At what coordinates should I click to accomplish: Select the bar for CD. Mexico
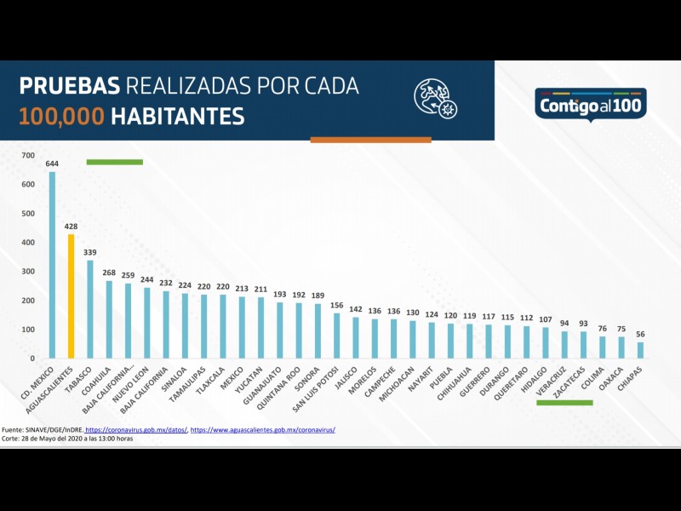point(52,265)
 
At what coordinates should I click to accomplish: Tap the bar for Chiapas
point(640,350)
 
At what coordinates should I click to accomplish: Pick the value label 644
point(52,164)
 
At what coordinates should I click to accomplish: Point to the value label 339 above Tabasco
point(90,252)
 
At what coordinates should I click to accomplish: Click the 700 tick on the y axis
point(28,155)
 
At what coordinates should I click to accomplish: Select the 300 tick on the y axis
point(28,271)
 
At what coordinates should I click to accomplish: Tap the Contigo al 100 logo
point(591,105)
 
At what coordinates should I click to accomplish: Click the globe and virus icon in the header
point(435,97)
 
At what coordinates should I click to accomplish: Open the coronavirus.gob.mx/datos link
point(136,430)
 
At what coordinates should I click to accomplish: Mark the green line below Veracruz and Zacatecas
point(564,402)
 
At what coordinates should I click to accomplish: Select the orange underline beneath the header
point(370,140)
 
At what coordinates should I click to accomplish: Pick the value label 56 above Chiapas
point(640,335)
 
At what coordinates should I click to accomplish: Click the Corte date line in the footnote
point(68,439)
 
